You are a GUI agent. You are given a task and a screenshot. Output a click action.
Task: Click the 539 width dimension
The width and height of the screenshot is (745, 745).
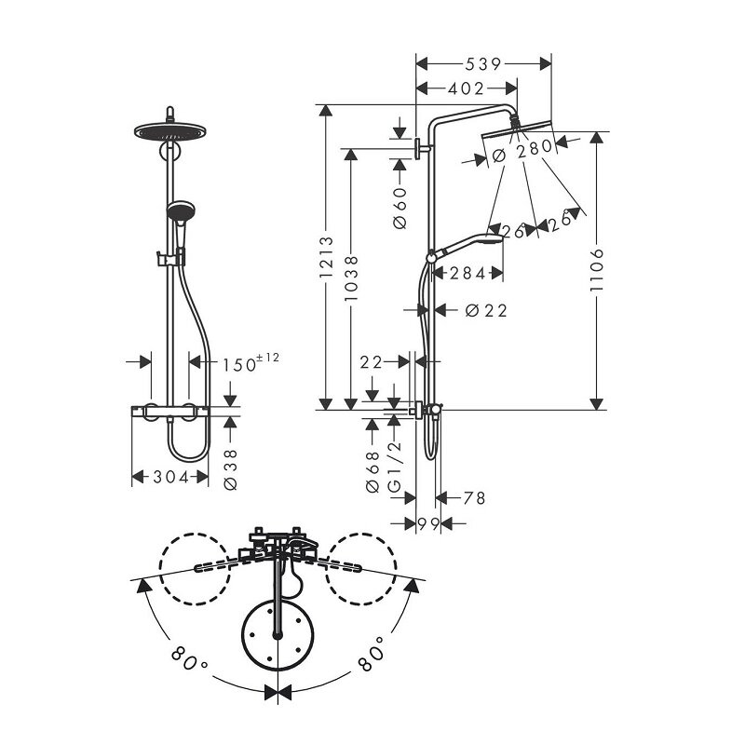pos(482,63)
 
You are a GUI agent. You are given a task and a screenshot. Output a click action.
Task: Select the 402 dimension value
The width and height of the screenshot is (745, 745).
pos(467,88)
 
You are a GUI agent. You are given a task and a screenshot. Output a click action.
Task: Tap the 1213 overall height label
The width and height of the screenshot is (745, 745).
pos(327,257)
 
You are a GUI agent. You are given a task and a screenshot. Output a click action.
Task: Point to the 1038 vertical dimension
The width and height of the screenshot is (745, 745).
pos(351,278)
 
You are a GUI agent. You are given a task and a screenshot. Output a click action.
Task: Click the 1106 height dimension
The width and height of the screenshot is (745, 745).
pos(596,269)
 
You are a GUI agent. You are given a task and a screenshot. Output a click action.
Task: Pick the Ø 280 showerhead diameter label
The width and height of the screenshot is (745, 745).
pos(522,151)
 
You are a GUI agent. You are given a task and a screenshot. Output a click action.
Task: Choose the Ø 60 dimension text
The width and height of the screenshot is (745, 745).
pos(400,208)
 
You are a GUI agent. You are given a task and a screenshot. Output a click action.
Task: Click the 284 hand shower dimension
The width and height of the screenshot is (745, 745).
pos(467,273)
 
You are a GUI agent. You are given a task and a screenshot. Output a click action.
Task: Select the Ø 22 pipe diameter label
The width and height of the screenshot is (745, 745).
pos(486,311)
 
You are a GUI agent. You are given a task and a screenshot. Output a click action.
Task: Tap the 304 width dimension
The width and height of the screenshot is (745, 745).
pos(171,477)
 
